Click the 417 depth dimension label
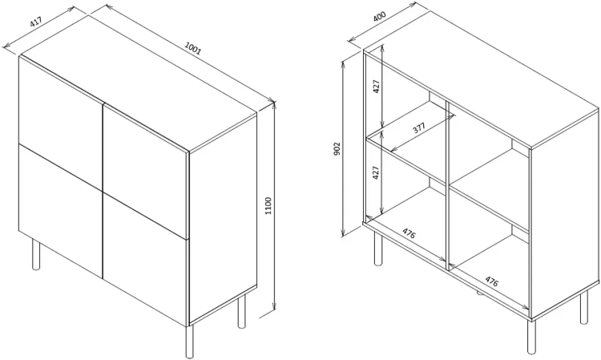point(35,22)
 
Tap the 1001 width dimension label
point(193,48)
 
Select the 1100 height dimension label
point(268,206)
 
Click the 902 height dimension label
point(337,149)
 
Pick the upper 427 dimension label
point(377,87)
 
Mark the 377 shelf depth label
point(419,127)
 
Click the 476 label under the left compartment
point(409,233)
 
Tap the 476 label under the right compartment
point(492,281)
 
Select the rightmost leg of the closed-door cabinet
point(241,312)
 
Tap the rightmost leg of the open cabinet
point(583,307)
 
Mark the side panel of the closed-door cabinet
point(223,218)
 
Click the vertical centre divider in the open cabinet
point(447,184)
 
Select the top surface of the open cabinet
point(481,79)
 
